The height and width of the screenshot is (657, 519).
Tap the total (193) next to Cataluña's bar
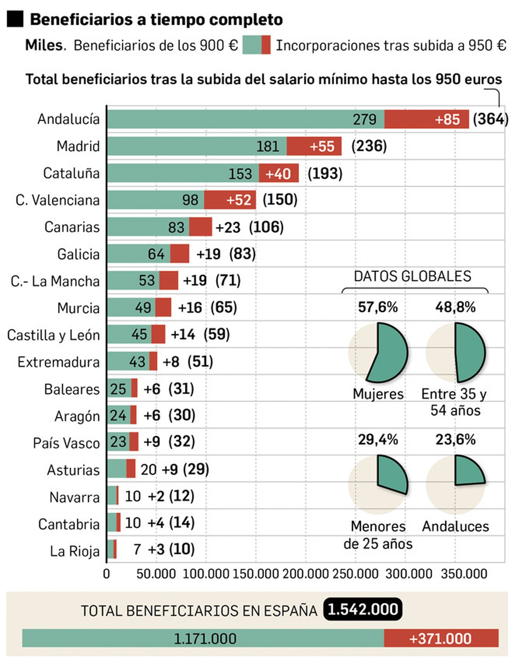pos(325,173)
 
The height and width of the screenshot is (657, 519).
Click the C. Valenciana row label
pos(57,200)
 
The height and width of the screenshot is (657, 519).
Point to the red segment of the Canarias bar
pos(200,226)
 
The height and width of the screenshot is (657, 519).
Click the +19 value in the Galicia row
pos(208,254)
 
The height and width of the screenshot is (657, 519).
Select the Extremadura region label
pos(58,362)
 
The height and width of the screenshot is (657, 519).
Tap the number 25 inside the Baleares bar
pos(118,389)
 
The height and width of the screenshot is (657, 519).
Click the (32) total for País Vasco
pos(181,441)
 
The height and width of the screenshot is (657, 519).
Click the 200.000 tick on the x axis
pos(305,574)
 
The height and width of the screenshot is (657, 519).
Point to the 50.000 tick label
pos(156,574)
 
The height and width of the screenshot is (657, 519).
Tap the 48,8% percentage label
pos(455,307)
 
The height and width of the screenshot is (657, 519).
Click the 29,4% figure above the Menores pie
pos(378,440)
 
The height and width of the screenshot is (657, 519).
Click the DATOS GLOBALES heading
pos(412,276)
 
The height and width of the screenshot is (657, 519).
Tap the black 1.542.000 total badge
pos(362,609)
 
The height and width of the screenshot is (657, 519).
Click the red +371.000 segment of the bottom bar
pos(441,638)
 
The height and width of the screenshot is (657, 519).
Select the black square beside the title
pos(15,19)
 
